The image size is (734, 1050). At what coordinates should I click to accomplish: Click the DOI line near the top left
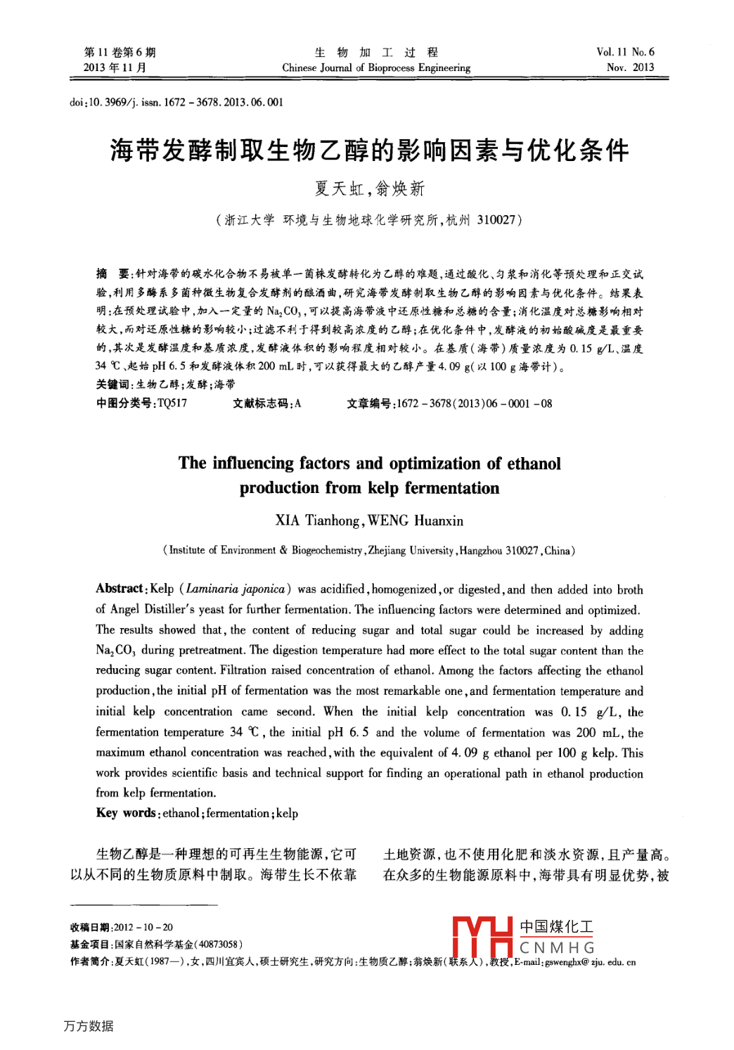pyautogui.click(x=176, y=102)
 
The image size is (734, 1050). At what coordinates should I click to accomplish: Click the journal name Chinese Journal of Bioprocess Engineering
pyautogui.click(x=376, y=68)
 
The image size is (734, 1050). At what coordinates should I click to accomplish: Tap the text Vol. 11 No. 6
pyautogui.click(x=625, y=52)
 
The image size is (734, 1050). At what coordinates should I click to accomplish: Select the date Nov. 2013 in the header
pyautogui.click(x=630, y=68)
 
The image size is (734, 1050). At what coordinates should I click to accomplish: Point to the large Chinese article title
pyautogui.click(x=369, y=151)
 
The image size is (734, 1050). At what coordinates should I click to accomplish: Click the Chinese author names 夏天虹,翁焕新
pyautogui.click(x=369, y=188)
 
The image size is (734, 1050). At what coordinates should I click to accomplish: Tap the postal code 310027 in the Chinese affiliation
pyautogui.click(x=496, y=220)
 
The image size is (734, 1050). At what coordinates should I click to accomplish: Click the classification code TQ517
pyautogui.click(x=172, y=403)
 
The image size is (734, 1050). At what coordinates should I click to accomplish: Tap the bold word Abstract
pyautogui.click(x=120, y=589)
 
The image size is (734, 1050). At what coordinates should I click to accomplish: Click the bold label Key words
pyautogui.click(x=125, y=813)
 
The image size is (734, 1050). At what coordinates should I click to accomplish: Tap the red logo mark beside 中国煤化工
pyautogui.click(x=482, y=937)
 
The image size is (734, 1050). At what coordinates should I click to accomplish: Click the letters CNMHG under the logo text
pyautogui.click(x=557, y=948)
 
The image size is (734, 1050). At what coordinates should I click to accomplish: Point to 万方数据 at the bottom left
pyautogui.click(x=89, y=1026)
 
